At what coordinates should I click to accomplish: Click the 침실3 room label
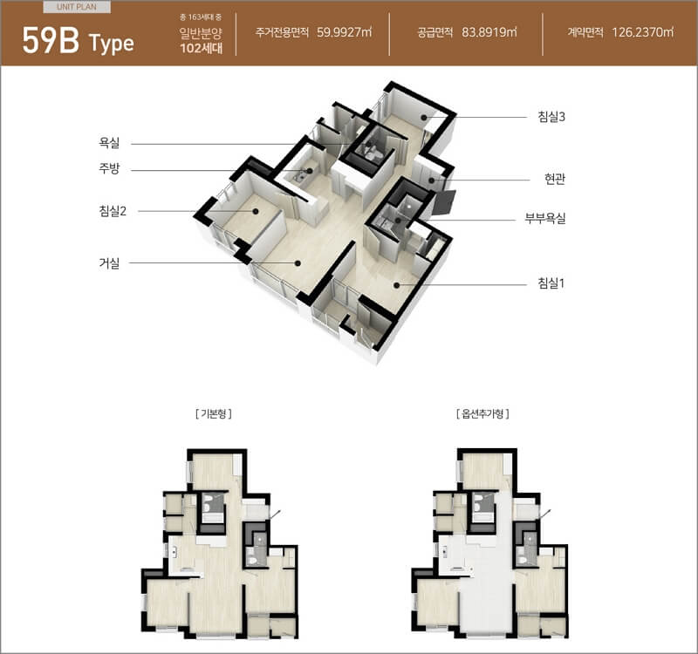[551, 117]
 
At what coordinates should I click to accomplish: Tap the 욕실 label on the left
[109, 143]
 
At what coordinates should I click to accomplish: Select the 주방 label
[109, 169]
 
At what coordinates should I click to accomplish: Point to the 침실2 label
[113, 211]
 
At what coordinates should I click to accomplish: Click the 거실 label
[109, 263]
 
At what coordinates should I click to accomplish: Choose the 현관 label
[555, 180]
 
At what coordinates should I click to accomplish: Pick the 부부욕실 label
[545, 219]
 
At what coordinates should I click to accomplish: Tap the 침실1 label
[551, 283]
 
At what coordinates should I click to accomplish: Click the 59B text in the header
[51, 40]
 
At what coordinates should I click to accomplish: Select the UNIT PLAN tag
[77, 7]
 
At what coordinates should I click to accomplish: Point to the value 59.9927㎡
[344, 32]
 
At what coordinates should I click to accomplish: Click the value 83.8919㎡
[489, 32]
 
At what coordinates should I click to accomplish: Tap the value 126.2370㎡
[642, 32]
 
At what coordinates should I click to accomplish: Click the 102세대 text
[202, 48]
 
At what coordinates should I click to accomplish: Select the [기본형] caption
[214, 413]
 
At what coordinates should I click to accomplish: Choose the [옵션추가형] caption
[483, 413]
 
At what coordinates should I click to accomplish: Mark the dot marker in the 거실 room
[298, 263]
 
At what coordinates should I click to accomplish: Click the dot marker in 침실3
[424, 118]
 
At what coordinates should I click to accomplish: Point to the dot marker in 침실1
[397, 285]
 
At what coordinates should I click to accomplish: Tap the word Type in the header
[112, 44]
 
